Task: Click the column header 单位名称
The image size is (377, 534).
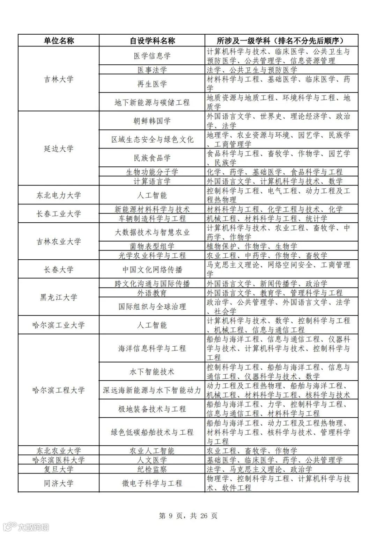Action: tap(59, 41)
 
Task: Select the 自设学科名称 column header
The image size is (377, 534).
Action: tap(152, 41)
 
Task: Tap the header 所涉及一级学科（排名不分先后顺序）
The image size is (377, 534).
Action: tap(281, 41)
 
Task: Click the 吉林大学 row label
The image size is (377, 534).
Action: tap(59, 79)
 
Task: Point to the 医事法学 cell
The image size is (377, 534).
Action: tap(152, 70)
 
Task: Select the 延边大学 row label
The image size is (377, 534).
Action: tap(59, 149)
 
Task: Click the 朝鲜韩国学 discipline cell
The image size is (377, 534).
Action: tap(152, 121)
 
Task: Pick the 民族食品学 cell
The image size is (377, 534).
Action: tap(152, 158)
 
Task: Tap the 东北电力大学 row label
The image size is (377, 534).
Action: tap(59, 195)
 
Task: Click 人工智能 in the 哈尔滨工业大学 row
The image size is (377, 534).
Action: tap(152, 325)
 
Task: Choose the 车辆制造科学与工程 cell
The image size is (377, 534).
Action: tap(152, 218)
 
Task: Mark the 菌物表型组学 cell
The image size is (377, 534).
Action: tap(152, 246)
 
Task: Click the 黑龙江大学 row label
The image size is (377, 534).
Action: tap(59, 297)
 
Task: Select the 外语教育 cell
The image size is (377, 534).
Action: tap(152, 293)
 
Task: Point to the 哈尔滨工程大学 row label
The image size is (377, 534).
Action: tap(59, 390)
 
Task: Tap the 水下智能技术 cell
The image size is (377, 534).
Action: tap(152, 371)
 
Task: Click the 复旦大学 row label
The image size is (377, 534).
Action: tap(59, 469)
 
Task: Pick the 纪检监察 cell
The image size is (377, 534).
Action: tap(152, 469)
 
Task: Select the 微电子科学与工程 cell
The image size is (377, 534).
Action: tap(152, 483)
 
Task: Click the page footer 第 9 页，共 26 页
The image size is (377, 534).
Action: tap(188, 515)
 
